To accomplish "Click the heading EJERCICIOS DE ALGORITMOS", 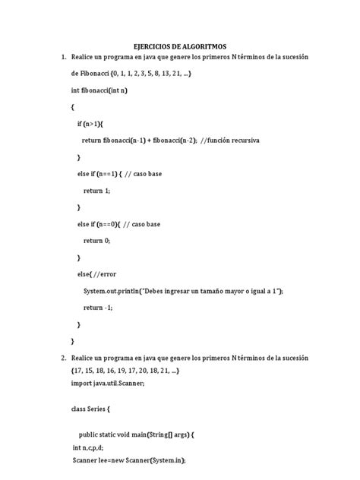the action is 179,46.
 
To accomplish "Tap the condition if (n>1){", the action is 94,124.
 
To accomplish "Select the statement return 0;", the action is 97,241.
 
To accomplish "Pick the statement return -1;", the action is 98,308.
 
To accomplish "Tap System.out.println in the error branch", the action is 115,291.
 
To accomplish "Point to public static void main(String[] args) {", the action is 137,434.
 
